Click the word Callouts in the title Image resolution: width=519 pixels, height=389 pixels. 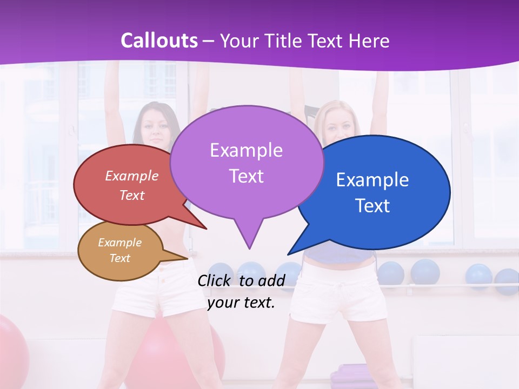coord(159,41)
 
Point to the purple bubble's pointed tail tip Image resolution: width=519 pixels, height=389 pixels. coord(249,249)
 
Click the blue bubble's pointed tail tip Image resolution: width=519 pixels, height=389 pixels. coord(288,254)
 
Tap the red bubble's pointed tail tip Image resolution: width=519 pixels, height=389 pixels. coord(207,229)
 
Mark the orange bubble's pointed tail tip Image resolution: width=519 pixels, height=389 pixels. coord(188,258)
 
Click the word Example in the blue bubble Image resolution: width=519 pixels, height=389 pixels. coord(372,180)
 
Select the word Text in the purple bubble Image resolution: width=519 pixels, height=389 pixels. coord(246,176)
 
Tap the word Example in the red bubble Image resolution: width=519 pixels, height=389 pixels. coord(131,176)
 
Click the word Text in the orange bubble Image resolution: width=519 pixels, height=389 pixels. coord(119,258)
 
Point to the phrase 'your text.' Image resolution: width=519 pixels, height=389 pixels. coord(241,303)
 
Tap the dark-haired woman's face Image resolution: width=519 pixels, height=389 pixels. coord(156,128)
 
